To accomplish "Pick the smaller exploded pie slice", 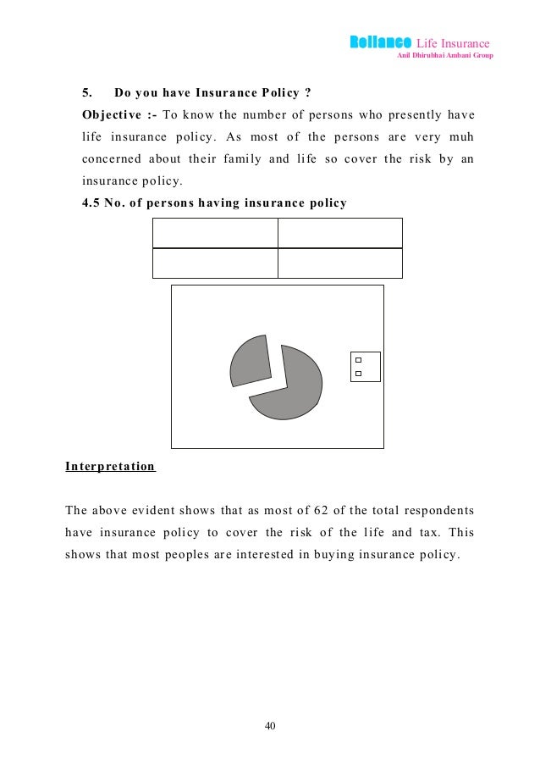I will [249, 361].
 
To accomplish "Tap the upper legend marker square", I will [358, 361].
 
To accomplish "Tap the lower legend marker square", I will [358, 374].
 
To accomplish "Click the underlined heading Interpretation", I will [110, 467].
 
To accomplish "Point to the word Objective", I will [110, 114].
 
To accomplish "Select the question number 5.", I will [85, 92].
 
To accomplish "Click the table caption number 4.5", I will [91, 202].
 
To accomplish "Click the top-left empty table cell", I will [215, 233].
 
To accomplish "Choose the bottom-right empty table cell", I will [339, 263].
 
